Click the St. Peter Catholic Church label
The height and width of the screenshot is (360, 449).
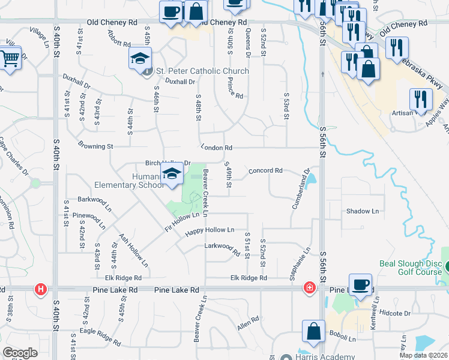point(202,71)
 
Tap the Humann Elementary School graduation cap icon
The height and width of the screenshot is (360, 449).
point(172,175)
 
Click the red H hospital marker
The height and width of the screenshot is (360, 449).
point(40,289)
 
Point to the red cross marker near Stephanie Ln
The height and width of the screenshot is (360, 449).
point(309,288)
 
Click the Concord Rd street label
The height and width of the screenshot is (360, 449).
point(265,170)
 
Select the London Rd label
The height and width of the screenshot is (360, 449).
point(220,148)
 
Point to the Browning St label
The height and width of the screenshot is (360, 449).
point(95,146)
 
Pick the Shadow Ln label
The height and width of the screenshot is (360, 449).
point(363,211)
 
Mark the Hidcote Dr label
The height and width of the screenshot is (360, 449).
point(395,313)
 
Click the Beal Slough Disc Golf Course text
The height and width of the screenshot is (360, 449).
point(412,268)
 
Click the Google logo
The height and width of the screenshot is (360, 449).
point(20,353)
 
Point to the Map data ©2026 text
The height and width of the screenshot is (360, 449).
point(424,355)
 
